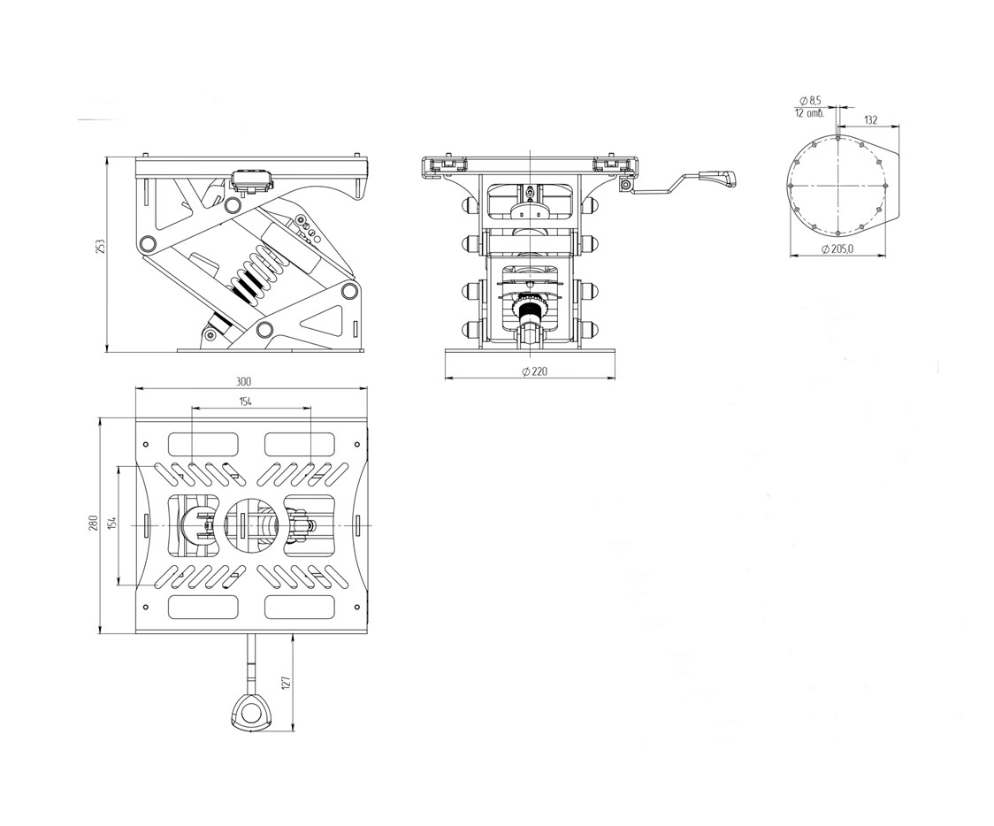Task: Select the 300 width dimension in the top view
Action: [244, 381]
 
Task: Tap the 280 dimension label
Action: [93, 524]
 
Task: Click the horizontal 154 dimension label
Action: [245, 402]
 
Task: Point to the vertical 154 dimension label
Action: [112, 524]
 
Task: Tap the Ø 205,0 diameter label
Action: [837, 249]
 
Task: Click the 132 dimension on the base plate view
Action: [870, 119]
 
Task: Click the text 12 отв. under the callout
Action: [809, 113]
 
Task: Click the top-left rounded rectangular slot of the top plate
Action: [203, 442]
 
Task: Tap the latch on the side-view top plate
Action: [250, 180]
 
